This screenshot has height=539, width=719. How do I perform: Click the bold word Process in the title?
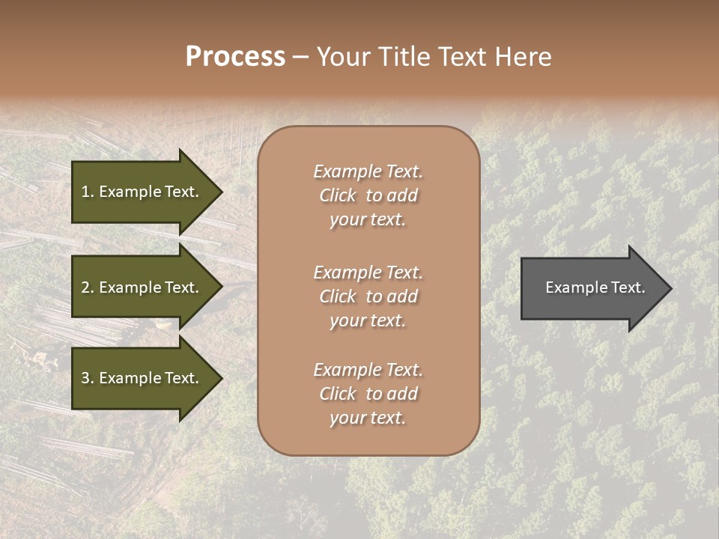tap(235, 57)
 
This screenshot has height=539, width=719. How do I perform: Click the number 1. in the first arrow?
tap(88, 192)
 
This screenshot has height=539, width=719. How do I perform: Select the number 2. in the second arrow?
tap(88, 287)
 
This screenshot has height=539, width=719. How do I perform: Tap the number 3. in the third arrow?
tap(88, 378)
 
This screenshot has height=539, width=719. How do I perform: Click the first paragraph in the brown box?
tap(368, 195)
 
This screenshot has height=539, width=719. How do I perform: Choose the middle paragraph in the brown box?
tap(368, 296)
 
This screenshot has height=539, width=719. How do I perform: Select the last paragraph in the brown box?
tap(368, 394)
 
